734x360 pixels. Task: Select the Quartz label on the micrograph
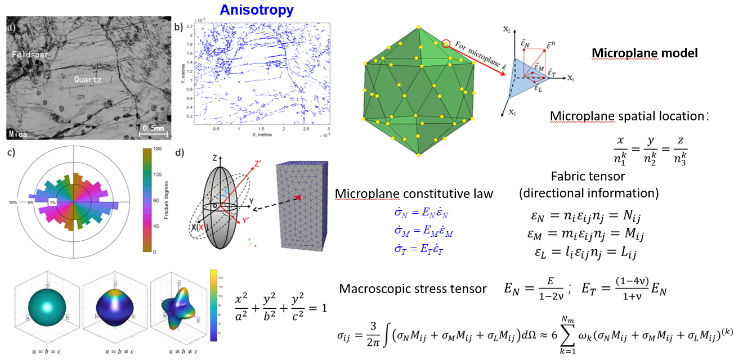(x=88, y=80)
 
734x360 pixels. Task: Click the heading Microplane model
(x=645, y=53)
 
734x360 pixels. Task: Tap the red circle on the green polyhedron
(x=446, y=43)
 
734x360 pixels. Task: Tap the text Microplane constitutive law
(x=414, y=193)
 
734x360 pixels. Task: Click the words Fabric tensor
(x=588, y=175)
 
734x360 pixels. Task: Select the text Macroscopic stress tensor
(x=413, y=289)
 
